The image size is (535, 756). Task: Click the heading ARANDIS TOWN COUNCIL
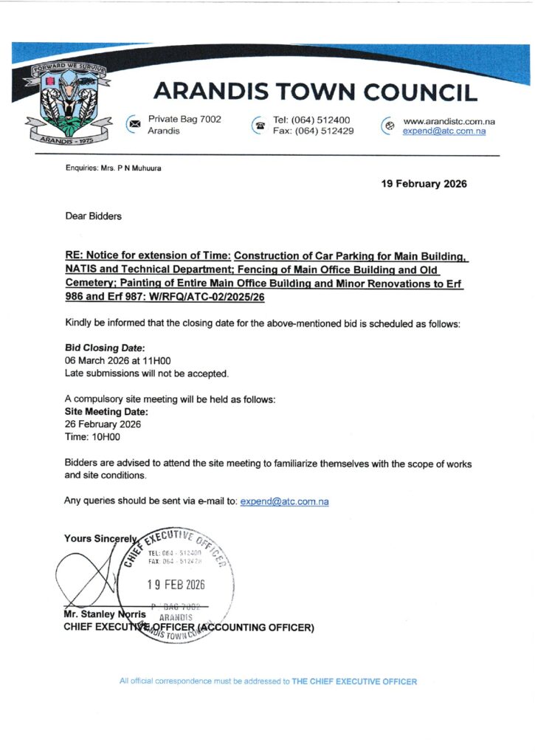[315, 92]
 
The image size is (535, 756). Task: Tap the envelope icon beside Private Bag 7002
[134, 124]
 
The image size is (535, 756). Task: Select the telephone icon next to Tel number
[259, 125]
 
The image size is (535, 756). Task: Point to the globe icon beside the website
[389, 126]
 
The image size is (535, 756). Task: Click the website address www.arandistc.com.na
[449, 121]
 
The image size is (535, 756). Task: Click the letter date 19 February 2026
[424, 184]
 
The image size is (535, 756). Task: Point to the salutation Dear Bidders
[94, 216]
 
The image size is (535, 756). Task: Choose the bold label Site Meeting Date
[106, 412]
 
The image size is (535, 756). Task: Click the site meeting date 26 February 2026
[103, 425]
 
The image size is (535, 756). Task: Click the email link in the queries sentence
[284, 502]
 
